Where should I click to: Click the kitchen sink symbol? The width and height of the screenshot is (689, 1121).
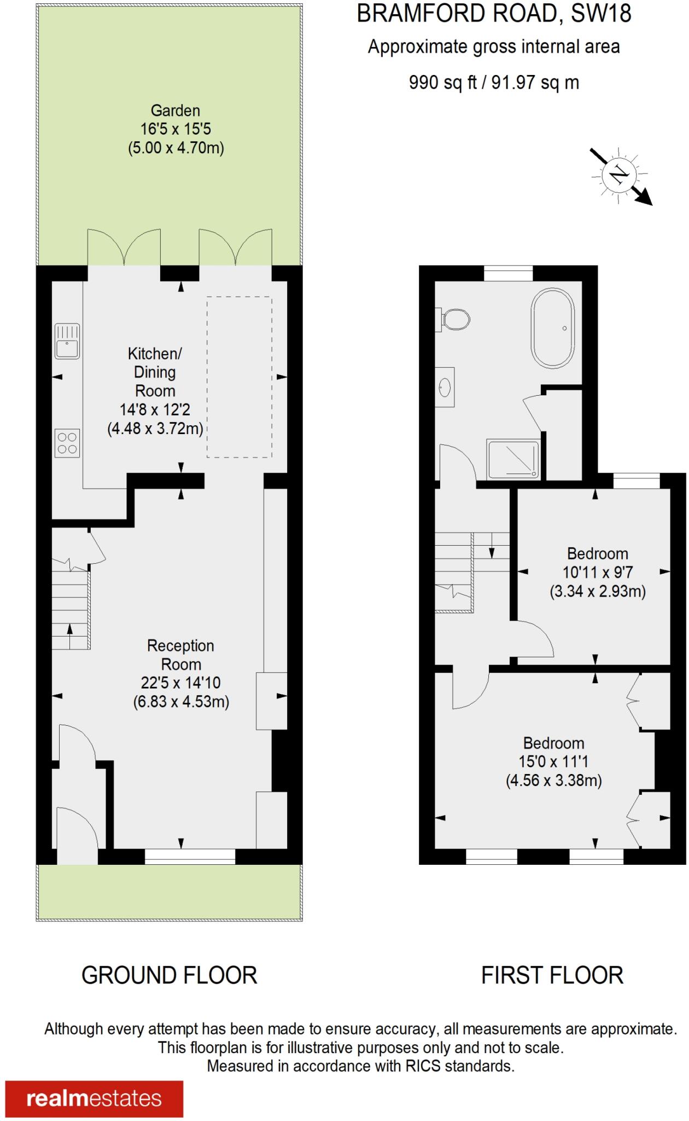click(67, 341)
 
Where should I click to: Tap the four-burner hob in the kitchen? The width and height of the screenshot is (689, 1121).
click(67, 443)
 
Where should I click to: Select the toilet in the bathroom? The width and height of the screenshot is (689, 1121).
click(455, 319)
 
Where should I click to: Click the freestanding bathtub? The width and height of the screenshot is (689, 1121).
click(552, 328)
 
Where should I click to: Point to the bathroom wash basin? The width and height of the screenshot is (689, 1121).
click(445, 387)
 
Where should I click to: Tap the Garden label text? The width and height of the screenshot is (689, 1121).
click(176, 111)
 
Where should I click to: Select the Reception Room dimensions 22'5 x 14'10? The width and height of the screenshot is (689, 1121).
click(180, 683)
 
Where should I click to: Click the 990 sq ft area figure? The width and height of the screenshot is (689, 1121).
click(443, 83)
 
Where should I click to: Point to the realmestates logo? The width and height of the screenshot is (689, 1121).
click(94, 1099)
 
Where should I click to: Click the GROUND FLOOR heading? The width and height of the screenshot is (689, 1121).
click(169, 975)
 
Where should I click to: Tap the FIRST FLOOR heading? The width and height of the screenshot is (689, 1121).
click(552, 975)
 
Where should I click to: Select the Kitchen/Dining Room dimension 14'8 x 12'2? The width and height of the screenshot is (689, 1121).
click(155, 409)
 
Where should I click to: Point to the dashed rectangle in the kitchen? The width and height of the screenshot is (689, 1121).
click(239, 377)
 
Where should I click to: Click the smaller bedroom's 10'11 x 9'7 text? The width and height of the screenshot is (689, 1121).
click(598, 573)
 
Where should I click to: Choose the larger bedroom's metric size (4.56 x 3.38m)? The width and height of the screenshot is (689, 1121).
click(553, 780)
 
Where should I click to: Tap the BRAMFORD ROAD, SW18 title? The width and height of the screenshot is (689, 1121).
click(494, 14)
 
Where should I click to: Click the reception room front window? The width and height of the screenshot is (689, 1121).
click(190, 857)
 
